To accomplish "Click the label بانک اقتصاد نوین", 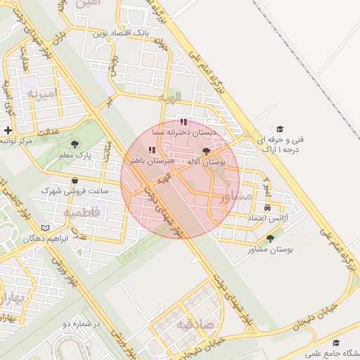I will [122, 33].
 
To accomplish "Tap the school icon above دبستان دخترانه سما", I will [184, 122].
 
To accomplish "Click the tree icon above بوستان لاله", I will [205, 151].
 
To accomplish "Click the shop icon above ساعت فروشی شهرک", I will [75, 180].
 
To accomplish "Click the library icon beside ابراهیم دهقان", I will [46, 229].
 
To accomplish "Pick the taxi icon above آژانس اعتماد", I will [267, 208].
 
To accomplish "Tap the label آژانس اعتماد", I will [266, 219].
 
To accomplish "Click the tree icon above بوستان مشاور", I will [270, 240].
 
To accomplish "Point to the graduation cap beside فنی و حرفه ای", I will [280, 129].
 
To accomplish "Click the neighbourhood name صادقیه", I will [193, 324].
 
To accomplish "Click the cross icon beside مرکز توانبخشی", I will [7, 130].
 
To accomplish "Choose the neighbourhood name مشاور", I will [235, 198].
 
